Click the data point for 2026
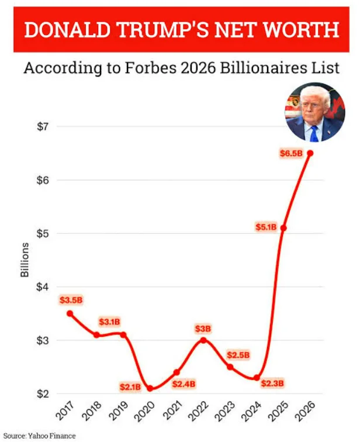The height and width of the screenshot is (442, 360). [x=310, y=153]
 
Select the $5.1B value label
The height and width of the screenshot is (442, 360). [x=266, y=227]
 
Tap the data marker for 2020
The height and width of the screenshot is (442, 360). [x=150, y=388]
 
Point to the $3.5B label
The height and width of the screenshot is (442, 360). [x=71, y=300]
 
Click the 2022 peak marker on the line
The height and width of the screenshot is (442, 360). [x=203, y=340]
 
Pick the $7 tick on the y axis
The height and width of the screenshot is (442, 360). [x=43, y=127]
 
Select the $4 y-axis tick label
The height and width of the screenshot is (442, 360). [x=43, y=287]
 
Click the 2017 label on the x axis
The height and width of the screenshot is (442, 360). [x=65, y=410]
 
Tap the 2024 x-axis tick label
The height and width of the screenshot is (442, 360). [x=251, y=411]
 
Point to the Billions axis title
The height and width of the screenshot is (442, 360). [x=25, y=260]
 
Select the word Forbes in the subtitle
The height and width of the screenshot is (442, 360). [x=151, y=68]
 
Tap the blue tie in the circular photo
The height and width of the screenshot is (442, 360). [x=313, y=133]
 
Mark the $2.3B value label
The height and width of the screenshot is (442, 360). [x=272, y=383]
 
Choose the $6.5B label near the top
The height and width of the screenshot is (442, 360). [x=291, y=153]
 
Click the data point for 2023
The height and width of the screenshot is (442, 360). [x=230, y=367]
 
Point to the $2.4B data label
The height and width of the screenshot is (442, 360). [x=184, y=384]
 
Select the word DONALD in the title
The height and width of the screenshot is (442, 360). [x=67, y=30]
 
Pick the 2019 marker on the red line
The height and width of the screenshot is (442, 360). [x=123, y=334]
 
